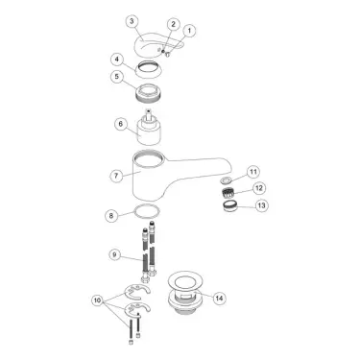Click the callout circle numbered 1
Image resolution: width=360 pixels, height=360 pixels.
189,31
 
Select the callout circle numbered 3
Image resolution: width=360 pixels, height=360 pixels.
132,21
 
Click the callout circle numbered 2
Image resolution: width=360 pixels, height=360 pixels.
172,23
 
